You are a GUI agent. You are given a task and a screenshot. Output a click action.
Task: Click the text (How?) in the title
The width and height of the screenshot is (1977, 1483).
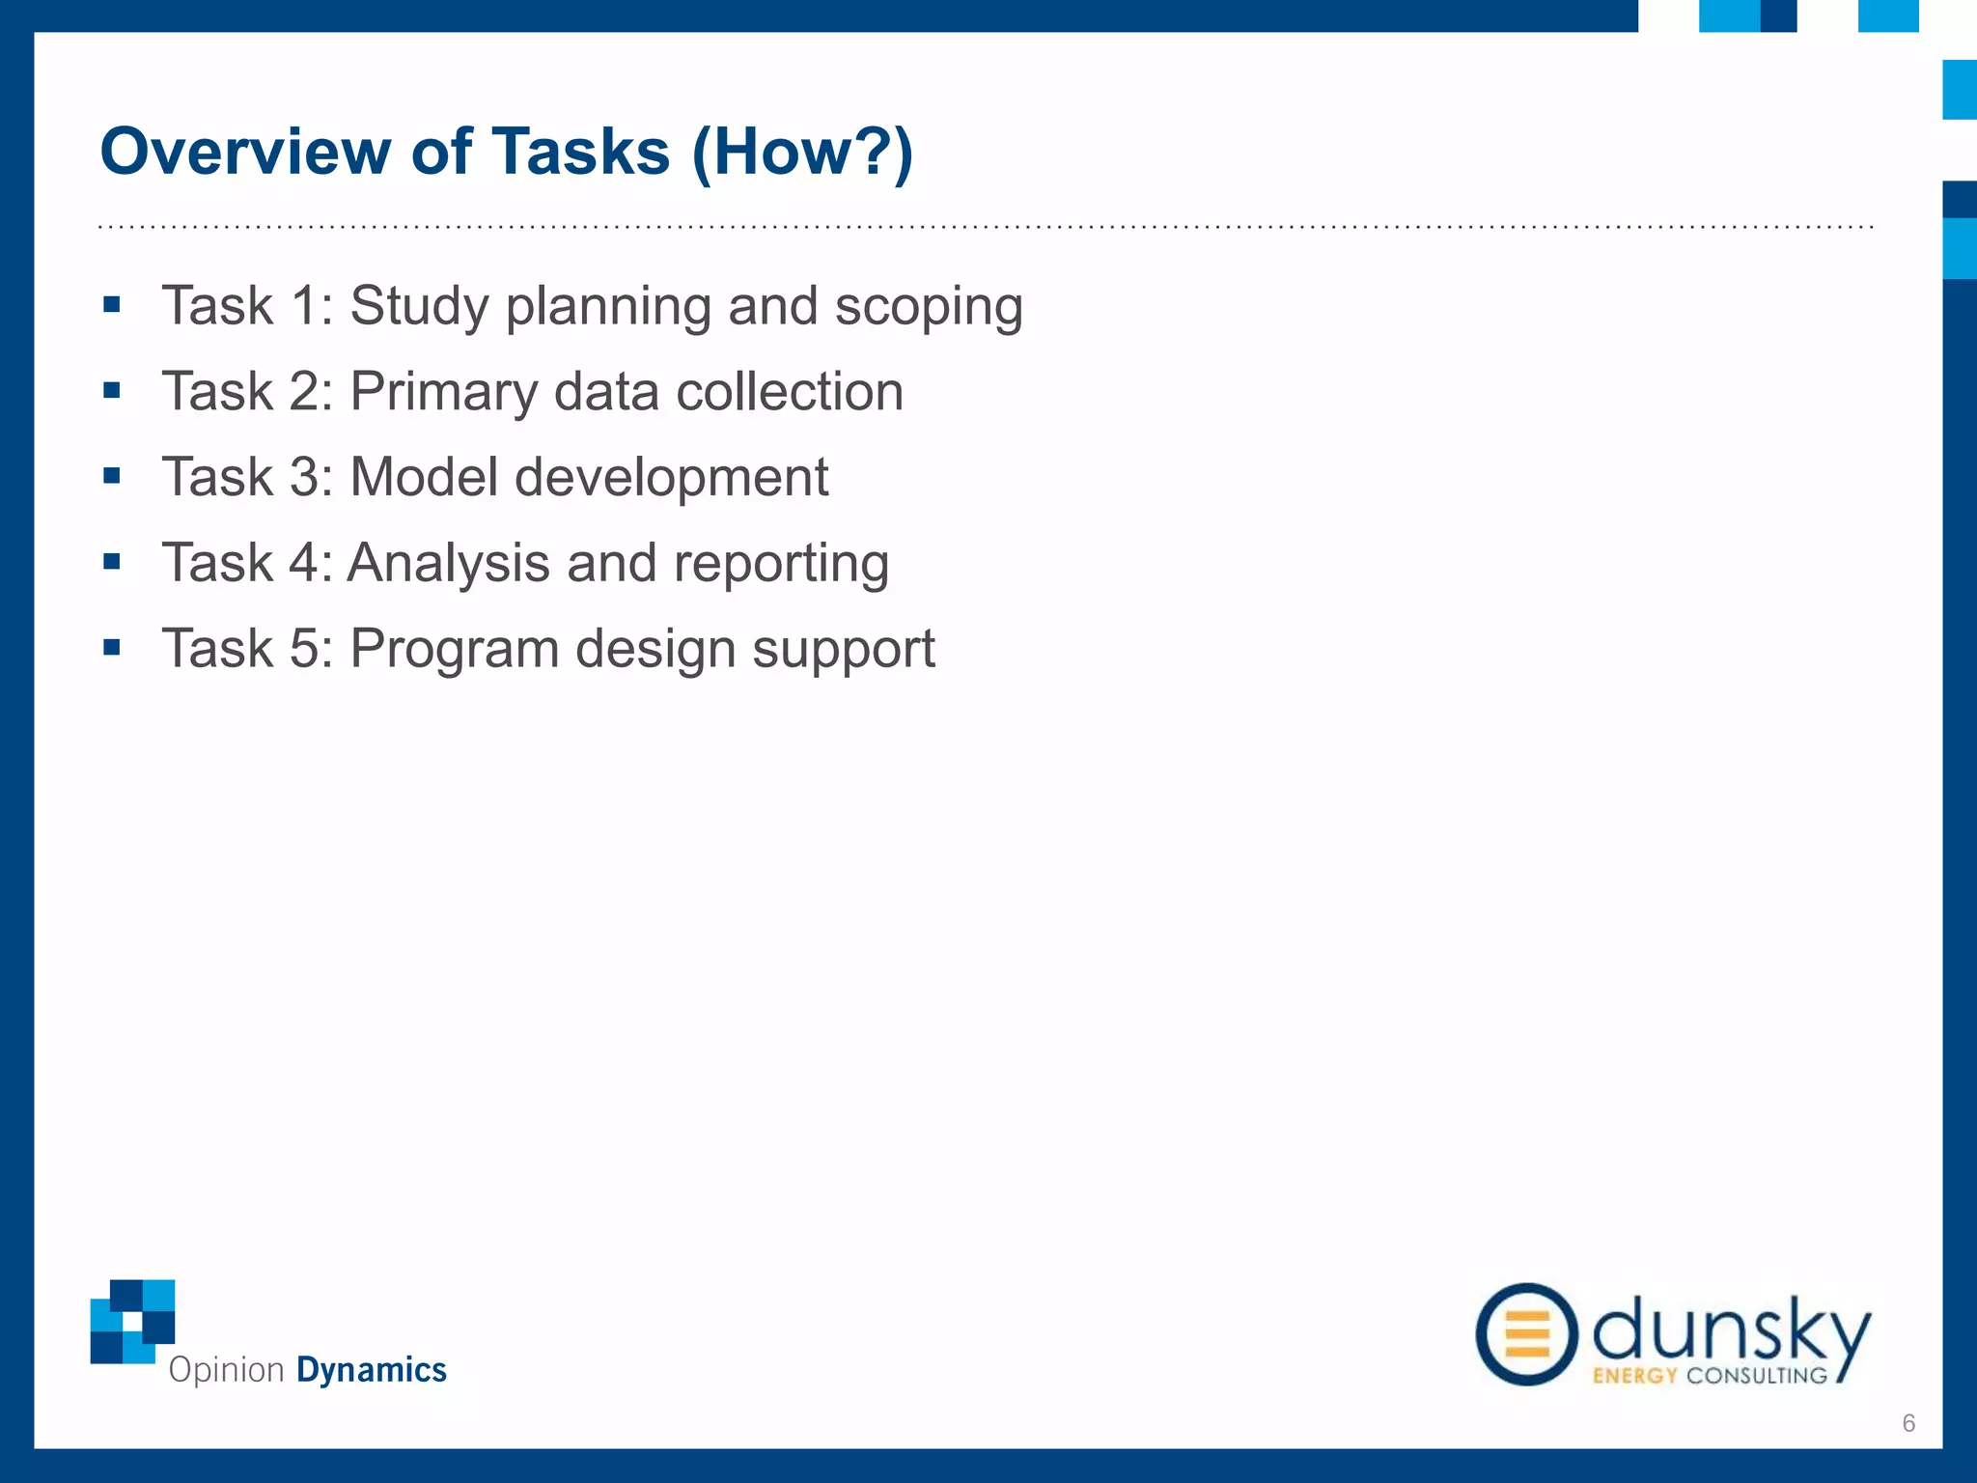pos(801,152)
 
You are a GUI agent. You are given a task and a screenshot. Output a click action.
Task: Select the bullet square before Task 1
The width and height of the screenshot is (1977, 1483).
pos(112,306)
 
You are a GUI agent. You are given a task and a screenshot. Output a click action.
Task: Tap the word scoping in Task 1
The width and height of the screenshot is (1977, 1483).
pos(928,307)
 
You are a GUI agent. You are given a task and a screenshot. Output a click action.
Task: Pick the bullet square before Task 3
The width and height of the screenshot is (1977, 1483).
pos(112,476)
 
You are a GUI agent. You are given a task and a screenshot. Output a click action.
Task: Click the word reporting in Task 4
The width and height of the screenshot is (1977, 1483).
pos(781,564)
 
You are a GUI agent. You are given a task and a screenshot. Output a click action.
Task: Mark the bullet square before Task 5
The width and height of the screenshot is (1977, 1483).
pos(112,647)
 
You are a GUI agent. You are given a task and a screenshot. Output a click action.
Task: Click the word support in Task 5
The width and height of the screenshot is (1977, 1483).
pos(843,649)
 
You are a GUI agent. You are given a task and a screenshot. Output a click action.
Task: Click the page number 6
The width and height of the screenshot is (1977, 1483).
pos(1908,1422)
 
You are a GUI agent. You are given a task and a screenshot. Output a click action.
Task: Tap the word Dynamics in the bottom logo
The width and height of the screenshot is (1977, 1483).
pos(371,1370)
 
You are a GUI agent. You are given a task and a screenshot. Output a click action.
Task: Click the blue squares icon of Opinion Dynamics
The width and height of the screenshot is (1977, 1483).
pos(133,1321)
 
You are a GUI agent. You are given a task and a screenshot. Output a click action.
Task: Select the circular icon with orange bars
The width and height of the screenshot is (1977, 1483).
pos(1526,1334)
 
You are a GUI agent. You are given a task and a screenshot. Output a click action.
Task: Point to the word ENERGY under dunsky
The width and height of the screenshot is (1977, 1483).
pos(1633,1376)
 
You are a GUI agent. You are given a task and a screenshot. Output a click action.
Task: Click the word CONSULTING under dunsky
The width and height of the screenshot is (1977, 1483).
pos(1757,1376)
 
